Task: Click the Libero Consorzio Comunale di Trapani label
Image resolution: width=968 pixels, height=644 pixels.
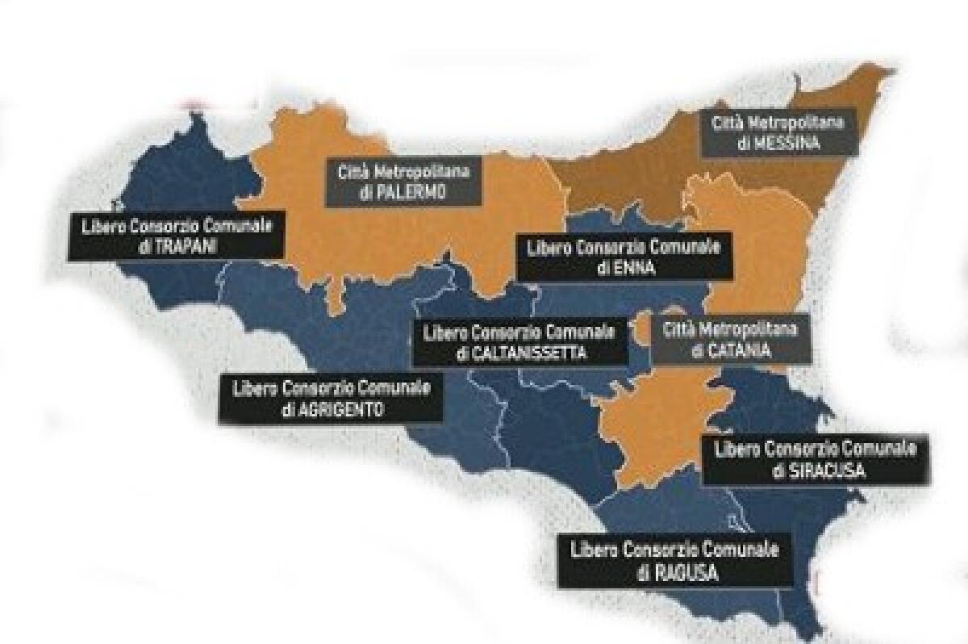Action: [x=176, y=236]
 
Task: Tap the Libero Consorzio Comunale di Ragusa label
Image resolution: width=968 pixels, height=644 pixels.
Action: [x=675, y=562]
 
